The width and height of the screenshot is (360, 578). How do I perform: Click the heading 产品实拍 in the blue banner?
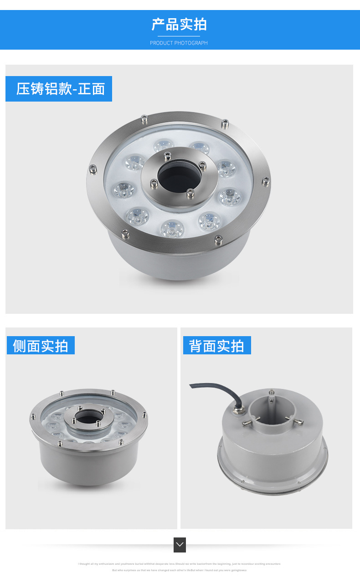(179, 25)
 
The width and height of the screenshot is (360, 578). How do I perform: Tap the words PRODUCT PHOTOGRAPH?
(179, 43)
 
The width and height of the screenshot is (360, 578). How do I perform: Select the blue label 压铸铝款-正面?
(59, 89)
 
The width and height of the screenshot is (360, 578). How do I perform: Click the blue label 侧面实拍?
(41, 346)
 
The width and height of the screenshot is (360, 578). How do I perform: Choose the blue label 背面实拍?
(216, 346)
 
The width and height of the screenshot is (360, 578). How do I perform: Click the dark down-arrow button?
(180, 545)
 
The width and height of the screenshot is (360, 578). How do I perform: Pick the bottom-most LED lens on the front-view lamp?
(172, 228)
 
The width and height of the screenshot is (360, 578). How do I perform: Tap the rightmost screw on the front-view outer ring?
(265, 183)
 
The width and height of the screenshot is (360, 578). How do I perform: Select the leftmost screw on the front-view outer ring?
(93, 169)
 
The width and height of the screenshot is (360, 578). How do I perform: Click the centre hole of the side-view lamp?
(85, 417)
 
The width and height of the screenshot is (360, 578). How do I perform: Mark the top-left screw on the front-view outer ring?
(144, 119)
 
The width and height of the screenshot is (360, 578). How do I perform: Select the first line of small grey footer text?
(179, 564)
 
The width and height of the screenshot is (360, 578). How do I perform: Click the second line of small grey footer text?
(179, 570)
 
